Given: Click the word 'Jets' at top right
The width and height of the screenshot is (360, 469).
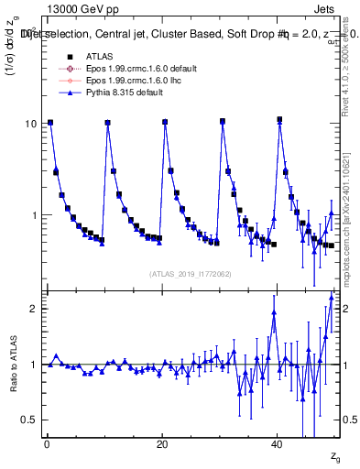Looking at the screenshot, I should pyautogui.click(x=328, y=10).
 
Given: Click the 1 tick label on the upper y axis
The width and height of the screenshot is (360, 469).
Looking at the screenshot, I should pyautogui.click(x=35, y=215).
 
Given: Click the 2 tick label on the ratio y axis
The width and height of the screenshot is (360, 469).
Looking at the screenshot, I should pyautogui.click(x=35, y=309).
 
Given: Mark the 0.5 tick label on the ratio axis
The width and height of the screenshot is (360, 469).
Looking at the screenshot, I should pyautogui.click(x=31, y=420).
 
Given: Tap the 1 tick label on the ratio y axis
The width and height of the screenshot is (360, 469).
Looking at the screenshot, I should pyautogui.click(x=35, y=365).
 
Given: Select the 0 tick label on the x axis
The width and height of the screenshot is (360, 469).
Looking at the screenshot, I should pyautogui.click(x=46, y=443).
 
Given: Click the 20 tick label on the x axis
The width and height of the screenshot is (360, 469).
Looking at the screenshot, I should pyautogui.click(x=161, y=443).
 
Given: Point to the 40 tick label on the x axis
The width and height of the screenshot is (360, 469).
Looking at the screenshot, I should pyautogui.click(x=277, y=443).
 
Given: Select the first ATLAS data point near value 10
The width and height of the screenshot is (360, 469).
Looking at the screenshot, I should pyautogui.click(x=50, y=122).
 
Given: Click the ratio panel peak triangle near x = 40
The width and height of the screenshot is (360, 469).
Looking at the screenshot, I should pyautogui.click(x=274, y=312).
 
